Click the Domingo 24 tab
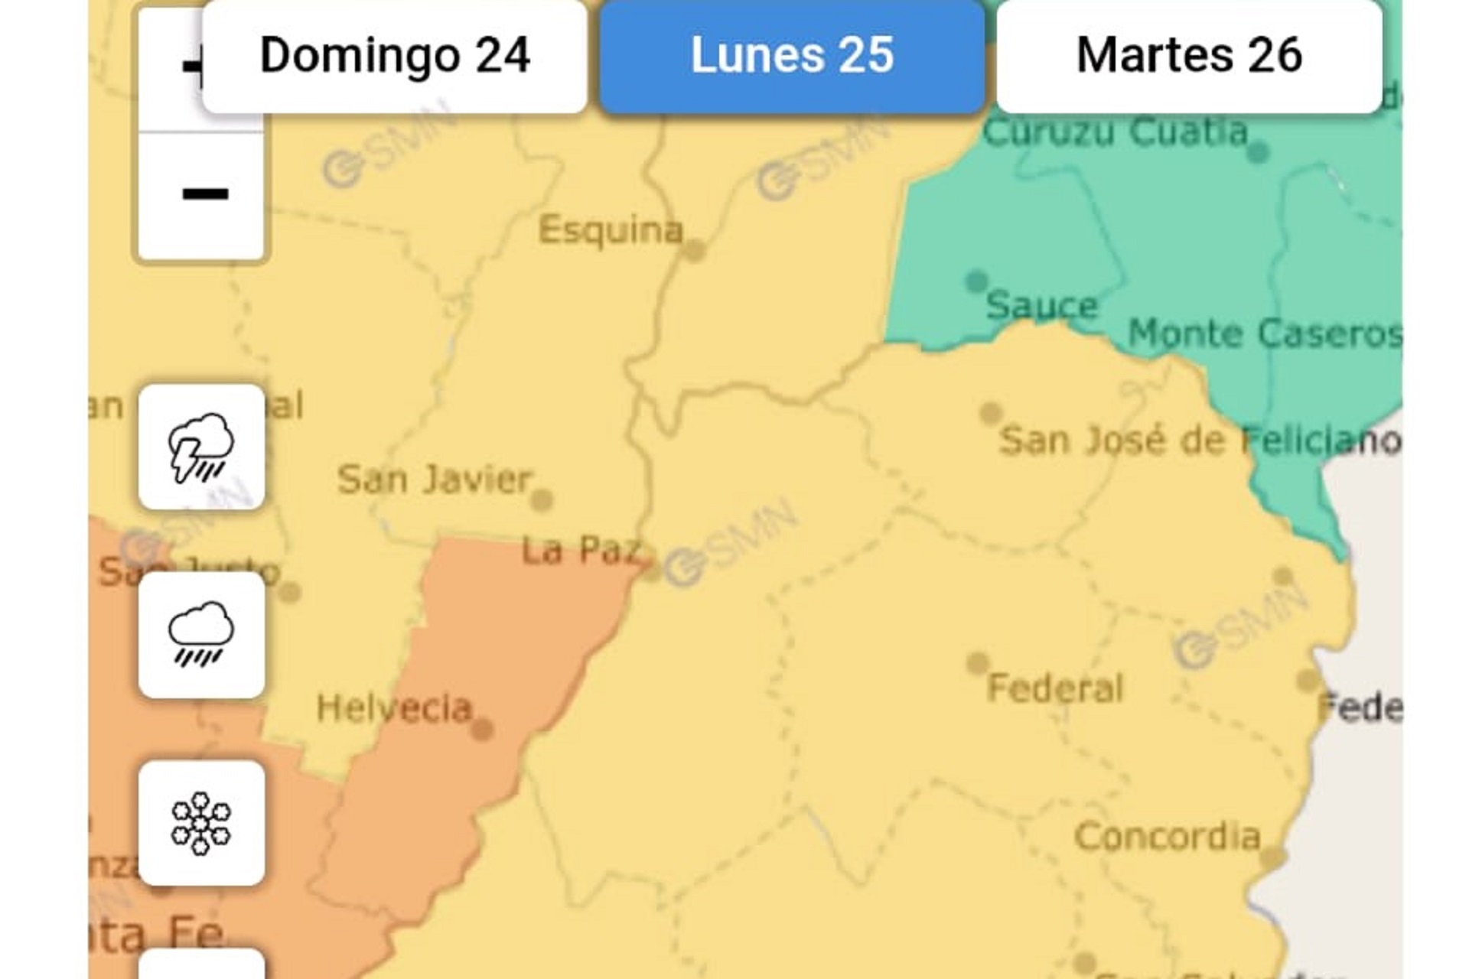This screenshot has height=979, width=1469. coord(395,57)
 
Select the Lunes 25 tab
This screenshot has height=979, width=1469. coord(792,57)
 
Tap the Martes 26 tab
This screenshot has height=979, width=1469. coord(1189,57)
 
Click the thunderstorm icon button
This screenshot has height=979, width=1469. coord(201,447)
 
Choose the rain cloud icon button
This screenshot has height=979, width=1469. coord(201,635)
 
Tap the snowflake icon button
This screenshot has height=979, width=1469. coord(201,823)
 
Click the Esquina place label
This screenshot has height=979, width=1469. coord(610,229)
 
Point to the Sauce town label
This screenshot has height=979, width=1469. coord(1041,306)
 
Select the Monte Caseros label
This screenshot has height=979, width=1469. coord(1265,334)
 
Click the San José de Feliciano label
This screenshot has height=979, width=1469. coord(1200,441)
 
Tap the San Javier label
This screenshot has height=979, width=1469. coord(434,480)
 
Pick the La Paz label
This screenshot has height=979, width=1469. coord(580,551)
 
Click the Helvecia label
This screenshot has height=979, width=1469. coord(394,708)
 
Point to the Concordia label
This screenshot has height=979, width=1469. coord(1168,837)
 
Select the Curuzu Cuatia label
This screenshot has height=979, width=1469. coord(1115,132)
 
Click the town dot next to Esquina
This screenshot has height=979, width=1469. coord(694,251)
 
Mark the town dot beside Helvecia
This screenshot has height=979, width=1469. coord(482,730)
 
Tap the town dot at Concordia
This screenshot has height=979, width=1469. coord(1272,858)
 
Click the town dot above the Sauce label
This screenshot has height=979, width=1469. coord(976,281)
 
